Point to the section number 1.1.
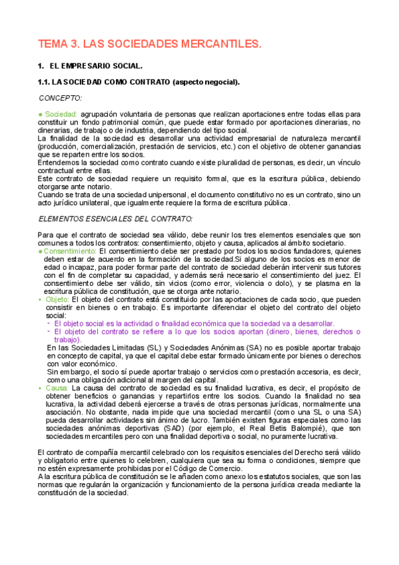tap(44, 82)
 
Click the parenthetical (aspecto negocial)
tap(205, 82)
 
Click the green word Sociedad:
tap(62, 114)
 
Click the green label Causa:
tap(57, 387)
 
